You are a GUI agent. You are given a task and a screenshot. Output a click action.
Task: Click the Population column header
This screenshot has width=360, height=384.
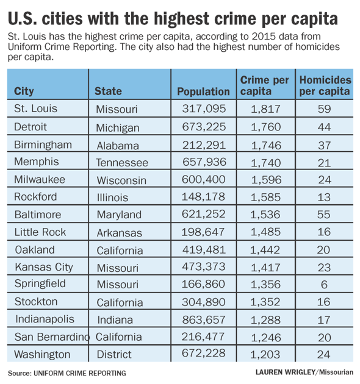(203, 91)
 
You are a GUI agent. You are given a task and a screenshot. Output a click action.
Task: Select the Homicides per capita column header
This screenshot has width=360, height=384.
(325, 85)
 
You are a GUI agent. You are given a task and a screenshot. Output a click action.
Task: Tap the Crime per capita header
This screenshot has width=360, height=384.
(264, 85)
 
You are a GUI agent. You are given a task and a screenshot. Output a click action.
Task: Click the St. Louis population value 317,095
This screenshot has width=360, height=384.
(204, 108)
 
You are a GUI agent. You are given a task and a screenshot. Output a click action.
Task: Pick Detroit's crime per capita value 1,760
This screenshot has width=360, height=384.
(265, 127)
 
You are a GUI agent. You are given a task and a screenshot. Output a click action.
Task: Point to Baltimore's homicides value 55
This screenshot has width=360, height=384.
(324, 215)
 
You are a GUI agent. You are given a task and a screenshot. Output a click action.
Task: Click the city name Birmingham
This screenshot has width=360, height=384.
(43, 145)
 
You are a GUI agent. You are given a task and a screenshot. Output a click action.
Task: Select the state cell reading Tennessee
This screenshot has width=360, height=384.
(122, 163)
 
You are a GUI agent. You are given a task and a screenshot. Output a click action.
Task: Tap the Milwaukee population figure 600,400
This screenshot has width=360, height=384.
(203, 180)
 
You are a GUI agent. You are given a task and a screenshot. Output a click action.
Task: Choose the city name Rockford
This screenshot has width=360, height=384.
(35, 197)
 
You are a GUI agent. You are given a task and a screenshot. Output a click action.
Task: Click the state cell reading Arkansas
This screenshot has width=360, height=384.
(119, 233)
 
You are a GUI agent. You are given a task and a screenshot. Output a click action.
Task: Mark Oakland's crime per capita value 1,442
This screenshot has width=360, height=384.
(265, 250)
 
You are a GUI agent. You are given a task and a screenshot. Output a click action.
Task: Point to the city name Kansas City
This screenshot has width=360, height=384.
(44, 268)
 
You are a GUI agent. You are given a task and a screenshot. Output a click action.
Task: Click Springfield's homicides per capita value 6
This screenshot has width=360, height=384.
(324, 285)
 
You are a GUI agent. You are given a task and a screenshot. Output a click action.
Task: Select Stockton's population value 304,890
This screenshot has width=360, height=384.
(203, 302)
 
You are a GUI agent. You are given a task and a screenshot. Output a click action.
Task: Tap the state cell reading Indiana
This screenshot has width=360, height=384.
(115, 320)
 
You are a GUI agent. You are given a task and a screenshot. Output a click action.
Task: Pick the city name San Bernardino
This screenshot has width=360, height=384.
(52, 337)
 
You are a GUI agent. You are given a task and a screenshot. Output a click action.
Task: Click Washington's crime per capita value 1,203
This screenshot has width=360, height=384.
(265, 354)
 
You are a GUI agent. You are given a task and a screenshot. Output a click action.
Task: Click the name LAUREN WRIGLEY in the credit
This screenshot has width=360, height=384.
(285, 372)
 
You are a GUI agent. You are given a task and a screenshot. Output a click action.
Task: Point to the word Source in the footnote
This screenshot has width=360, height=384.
(20, 373)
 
